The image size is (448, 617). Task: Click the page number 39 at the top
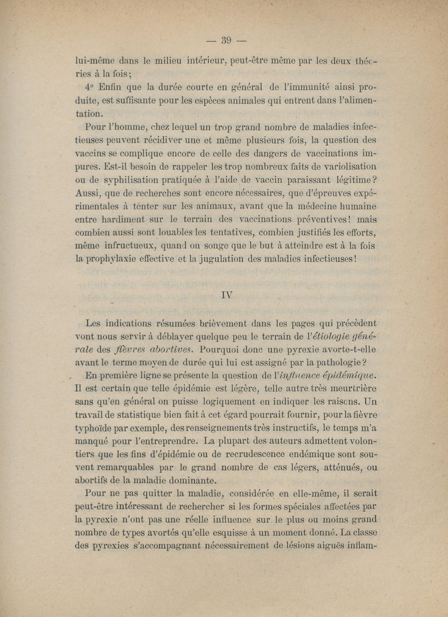point(227,39)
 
